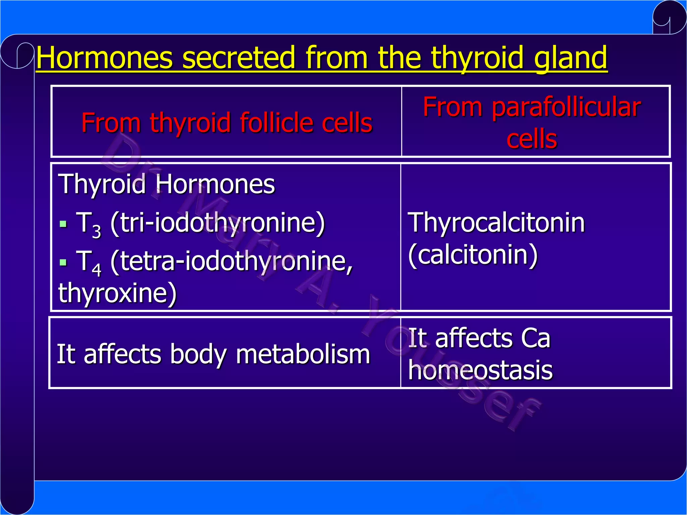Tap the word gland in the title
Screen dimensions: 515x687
point(570,58)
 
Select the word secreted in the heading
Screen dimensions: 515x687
point(239,58)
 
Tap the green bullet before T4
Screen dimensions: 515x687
point(63,262)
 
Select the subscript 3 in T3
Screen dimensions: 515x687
point(97,231)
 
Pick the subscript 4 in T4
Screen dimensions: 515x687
point(97,270)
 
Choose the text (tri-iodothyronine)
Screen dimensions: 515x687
point(218,223)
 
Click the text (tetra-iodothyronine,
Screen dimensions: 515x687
point(231,262)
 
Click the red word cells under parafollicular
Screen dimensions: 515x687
point(532,139)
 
